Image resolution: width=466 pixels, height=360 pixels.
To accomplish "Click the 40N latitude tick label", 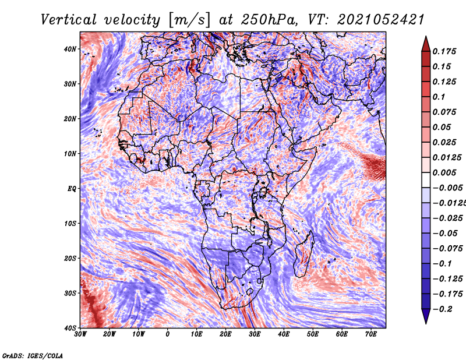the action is (x=70, y=49).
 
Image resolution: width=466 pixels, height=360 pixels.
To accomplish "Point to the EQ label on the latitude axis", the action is (x=72, y=189).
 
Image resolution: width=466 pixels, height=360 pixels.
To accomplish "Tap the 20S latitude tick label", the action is (x=70, y=258).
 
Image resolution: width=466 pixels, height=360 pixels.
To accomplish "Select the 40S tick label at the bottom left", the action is (x=70, y=328).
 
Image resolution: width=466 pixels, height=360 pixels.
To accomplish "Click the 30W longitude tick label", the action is (x=80, y=334).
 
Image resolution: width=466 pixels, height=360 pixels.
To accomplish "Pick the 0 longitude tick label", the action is (x=168, y=334).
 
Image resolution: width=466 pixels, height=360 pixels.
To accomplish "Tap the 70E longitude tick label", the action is (x=370, y=334).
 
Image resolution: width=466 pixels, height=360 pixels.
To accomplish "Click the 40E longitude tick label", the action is (x=284, y=334).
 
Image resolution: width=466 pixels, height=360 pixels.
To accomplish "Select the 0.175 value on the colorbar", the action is (x=444, y=52).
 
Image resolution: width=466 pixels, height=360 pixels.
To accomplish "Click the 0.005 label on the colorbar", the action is (x=444, y=172).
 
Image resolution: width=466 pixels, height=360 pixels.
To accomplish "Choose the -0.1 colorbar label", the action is (x=442, y=264).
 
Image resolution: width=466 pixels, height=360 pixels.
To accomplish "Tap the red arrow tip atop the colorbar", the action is (x=426, y=37).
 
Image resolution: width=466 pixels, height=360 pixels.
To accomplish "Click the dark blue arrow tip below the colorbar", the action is (x=426, y=323).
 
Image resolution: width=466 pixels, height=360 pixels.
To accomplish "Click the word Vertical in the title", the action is (x=69, y=20).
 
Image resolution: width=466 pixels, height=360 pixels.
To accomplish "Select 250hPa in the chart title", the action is (x=269, y=20).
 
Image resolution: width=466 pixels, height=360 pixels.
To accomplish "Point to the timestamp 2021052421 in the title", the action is (x=381, y=20).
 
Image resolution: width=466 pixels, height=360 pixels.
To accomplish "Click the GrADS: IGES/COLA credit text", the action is (x=33, y=355).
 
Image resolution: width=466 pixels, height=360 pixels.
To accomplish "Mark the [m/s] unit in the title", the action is (x=189, y=20).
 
